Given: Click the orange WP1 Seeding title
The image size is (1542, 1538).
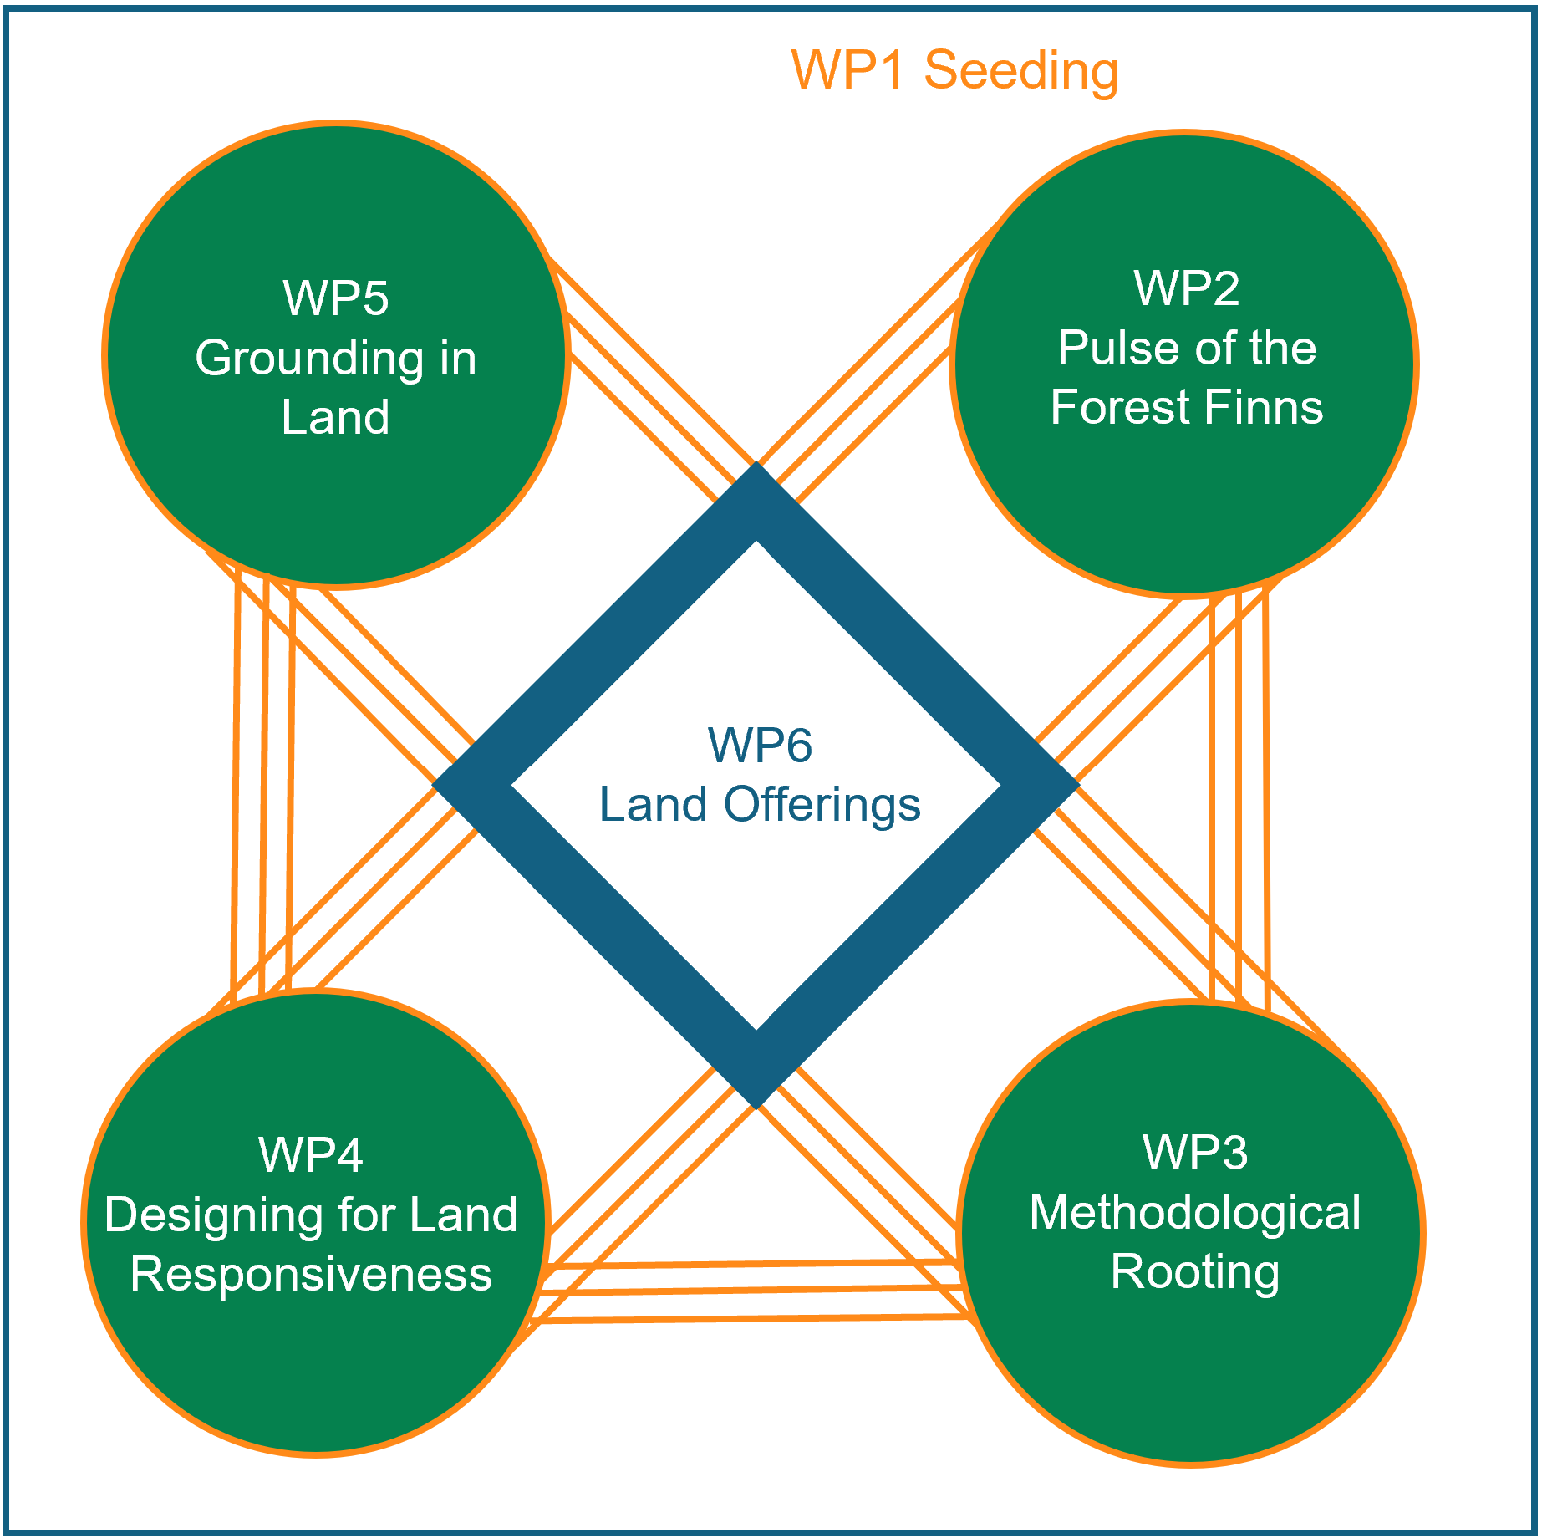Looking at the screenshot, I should (954, 70).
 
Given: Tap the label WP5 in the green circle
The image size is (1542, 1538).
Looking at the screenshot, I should (335, 298).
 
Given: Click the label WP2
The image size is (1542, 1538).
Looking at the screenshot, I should (1186, 288).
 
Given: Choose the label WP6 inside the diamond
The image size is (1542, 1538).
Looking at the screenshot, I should (759, 745).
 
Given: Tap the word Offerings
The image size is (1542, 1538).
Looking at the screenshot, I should (822, 805).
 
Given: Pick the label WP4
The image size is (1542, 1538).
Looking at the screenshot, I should (310, 1155).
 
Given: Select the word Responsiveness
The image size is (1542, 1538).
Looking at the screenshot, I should (311, 1275).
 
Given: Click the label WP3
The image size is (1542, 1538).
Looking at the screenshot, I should (1194, 1153).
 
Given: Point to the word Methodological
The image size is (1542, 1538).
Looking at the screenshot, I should (1194, 1213).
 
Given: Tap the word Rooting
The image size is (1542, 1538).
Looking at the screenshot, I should (1194, 1272).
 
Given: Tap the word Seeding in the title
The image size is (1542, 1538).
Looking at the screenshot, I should (1020, 70).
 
